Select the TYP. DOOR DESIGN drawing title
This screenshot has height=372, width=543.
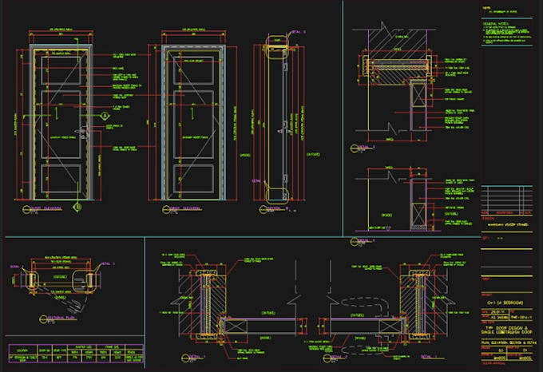click(x=511, y=329)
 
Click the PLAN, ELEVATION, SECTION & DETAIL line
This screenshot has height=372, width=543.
click(x=511, y=342)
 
